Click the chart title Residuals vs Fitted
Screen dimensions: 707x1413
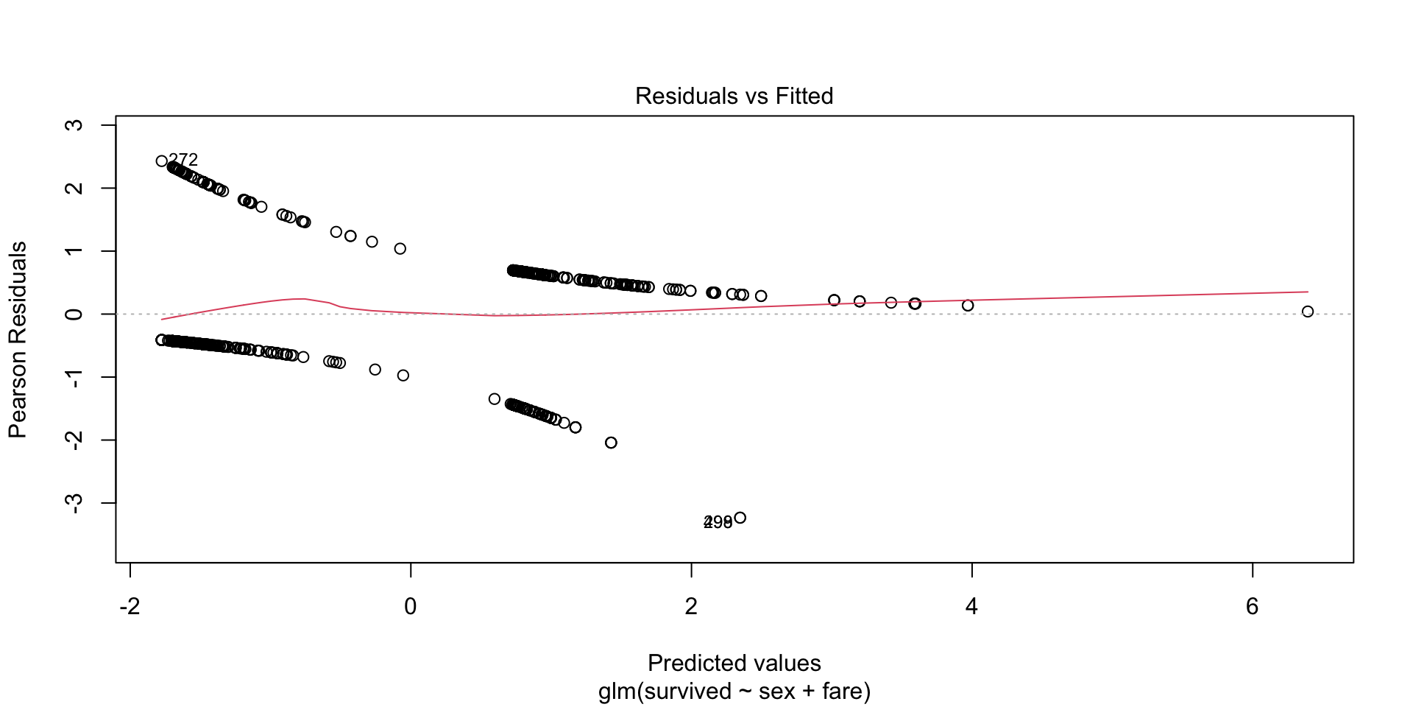(734, 96)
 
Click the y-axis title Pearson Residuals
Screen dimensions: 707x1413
(18, 340)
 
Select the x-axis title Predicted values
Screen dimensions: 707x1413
(734, 663)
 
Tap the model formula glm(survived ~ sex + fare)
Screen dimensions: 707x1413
(734, 692)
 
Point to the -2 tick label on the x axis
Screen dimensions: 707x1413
(130, 606)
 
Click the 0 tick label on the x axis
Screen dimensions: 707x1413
(411, 606)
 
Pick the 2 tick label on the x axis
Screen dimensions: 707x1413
(691, 606)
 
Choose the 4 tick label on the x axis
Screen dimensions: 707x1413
(971, 606)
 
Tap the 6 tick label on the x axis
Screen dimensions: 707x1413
(1252, 606)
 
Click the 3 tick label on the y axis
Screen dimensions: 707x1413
(74, 125)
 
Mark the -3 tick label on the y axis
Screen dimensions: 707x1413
(74, 503)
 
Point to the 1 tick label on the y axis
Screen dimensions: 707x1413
(74, 251)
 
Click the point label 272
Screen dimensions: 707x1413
(183, 160)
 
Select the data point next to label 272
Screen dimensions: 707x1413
(162, 161)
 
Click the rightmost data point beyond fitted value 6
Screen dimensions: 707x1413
(1308, 312)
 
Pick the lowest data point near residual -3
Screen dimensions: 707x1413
(740, 518)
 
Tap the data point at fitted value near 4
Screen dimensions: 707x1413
(968, 305)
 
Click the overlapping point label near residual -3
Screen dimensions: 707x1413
(718, 522)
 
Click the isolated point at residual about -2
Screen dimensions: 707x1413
(611, 443)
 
